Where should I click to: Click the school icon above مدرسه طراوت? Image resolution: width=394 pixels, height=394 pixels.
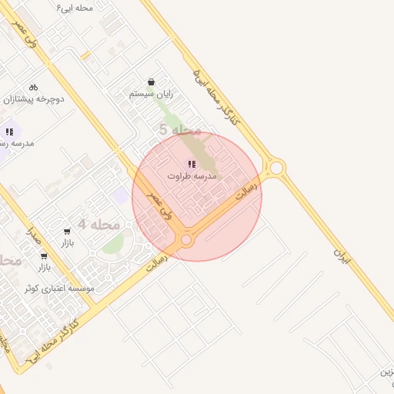[192, 163]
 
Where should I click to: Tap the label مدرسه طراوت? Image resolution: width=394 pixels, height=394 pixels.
[192, 176]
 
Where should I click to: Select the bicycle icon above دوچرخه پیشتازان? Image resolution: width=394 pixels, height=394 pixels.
[33, 87]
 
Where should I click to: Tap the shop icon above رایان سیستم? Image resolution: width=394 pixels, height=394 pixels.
[151, 82]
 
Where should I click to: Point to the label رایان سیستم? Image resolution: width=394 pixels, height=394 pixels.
[151, 95]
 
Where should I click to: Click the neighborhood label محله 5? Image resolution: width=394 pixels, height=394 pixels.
[180, 130]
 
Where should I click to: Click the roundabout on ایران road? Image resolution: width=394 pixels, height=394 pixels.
[275, 167]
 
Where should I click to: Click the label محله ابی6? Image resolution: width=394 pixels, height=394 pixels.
[75, 7]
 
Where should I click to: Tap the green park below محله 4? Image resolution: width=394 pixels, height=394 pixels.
[113, 244]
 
